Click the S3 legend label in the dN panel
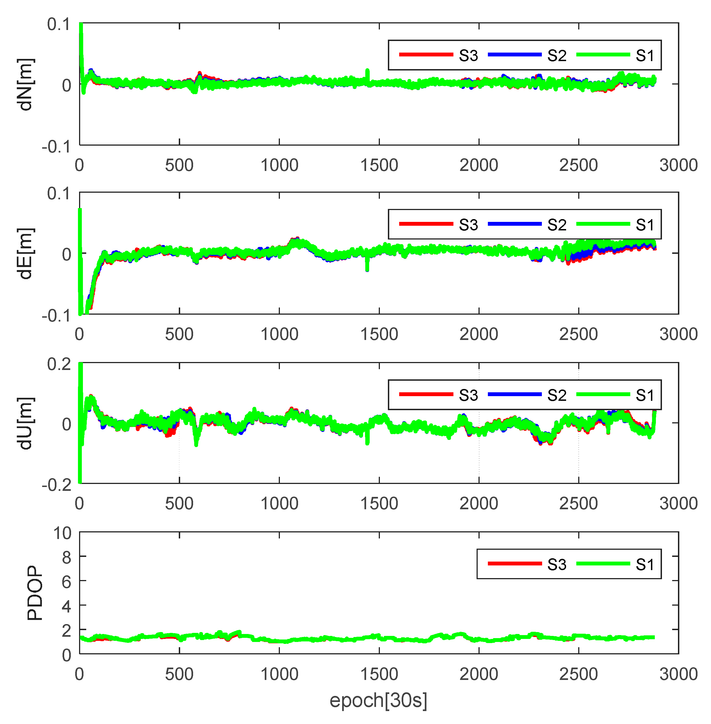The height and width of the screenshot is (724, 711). point(468,56)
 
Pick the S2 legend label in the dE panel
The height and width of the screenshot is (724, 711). point(557,225)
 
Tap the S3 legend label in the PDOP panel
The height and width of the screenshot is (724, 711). point(557,565)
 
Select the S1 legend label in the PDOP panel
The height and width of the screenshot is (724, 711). point(645,565)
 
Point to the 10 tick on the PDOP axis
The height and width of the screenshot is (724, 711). point(62,533)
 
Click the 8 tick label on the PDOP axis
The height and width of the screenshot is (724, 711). point(66,557)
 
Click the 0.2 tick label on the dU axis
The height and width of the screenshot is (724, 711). point(59,364)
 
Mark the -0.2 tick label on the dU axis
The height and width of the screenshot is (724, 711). point(56,485)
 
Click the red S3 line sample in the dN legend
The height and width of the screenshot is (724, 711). point(426,55)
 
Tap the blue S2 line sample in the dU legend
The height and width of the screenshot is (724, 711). point(515,394)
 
